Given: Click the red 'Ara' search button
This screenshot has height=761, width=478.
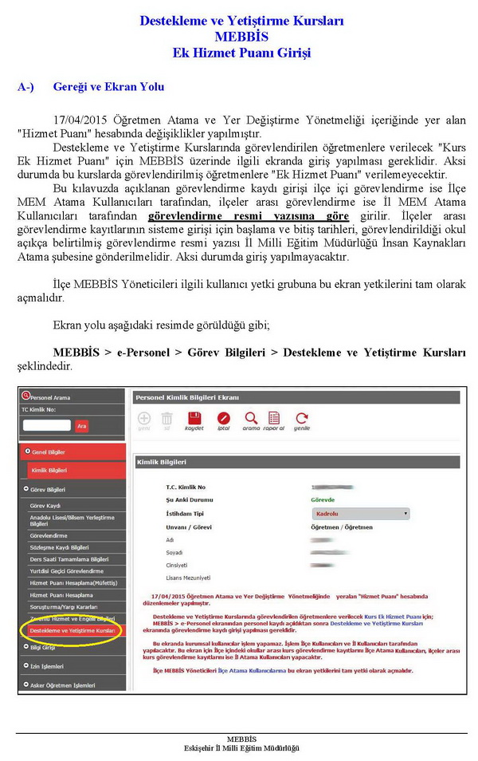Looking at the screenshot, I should pyautogui.click(x=81, y=426).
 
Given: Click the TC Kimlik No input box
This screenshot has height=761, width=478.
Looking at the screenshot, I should pyautogui.click(x=46, y=426).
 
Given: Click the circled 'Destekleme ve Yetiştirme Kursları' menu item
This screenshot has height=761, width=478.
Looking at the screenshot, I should pyautogui.click(x=72, y=630).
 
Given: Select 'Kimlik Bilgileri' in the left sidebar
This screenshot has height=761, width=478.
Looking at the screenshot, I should pyautogui.click(x=49, y=471).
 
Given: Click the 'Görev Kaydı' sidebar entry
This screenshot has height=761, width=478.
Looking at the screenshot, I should pyautogui.click(x=45, y=506).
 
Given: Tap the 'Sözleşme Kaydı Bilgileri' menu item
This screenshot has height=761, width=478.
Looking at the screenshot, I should pyautogui.click(x=59, y=547).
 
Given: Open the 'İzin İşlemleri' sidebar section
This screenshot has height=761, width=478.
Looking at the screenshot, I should pyautogui.click(x=47, y=666).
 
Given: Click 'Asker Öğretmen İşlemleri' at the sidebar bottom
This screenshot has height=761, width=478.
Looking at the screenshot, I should pyautogui.click(x=63, y=684).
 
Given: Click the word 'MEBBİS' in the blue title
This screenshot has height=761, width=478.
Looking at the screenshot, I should pyautogui.click(x=241, y=37).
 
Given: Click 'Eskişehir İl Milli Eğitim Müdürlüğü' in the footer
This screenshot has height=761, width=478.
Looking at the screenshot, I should pyautogui.click(x=241, y=747).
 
